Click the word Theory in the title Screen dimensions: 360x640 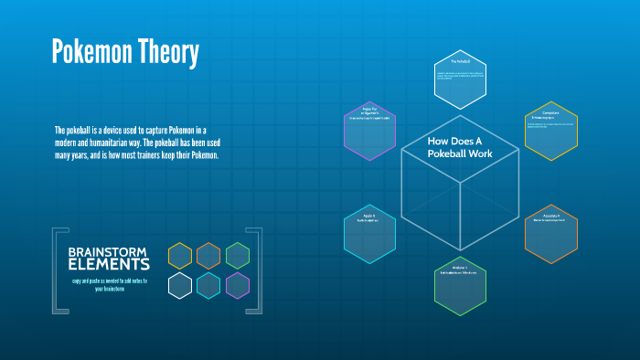167,53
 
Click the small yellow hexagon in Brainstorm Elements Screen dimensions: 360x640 180,256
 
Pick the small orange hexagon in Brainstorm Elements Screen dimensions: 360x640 208,256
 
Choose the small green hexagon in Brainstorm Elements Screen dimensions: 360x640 238,256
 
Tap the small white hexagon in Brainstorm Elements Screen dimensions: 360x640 180,286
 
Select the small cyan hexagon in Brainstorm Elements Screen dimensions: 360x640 208,286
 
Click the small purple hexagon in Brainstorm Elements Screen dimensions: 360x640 238,286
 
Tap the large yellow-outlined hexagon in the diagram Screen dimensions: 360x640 550,131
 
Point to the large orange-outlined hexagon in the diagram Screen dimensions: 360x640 550,234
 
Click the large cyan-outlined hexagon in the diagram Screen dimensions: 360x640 369,234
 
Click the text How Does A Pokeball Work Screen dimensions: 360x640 460,147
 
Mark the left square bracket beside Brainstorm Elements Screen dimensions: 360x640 58,270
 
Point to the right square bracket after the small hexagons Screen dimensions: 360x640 257,270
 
